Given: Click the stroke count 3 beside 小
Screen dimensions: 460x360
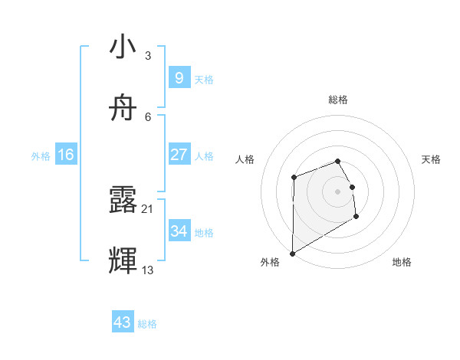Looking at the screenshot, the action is coord(147,56).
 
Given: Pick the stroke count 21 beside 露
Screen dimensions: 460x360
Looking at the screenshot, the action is coord(147,208).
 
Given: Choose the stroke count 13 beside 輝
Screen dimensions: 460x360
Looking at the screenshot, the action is coord(147,270).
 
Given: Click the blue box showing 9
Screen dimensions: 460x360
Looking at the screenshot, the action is coord(179,78).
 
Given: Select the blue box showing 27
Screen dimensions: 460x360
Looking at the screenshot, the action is coord(179,155).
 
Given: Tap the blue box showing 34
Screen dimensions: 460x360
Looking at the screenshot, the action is coord(179,231).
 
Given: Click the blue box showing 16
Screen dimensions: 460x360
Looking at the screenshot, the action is coord(66,155).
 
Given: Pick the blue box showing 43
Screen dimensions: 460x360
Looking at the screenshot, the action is coord(122,322).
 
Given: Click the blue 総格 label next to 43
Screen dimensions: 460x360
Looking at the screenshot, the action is coord(147,324).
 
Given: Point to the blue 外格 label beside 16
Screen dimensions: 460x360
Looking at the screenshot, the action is coord(41,156).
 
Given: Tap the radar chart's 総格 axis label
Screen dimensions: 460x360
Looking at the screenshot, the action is coord(338,100).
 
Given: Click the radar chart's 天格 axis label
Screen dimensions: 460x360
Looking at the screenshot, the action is coord(431,159).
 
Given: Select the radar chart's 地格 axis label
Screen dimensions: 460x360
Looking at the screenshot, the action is coord(402,262).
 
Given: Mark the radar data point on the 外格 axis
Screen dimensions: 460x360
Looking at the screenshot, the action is coord(292,253).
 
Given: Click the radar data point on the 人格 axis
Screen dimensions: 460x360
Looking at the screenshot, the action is coord(294,178).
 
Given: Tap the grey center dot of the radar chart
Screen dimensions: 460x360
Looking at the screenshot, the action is coord(338,191).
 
